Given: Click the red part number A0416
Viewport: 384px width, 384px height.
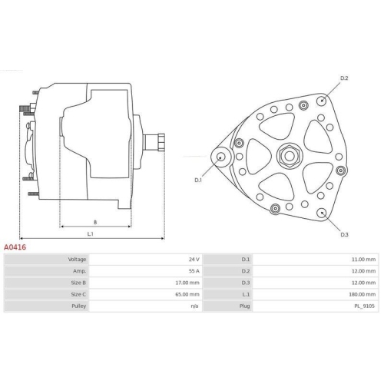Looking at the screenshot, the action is [x=15, y=247].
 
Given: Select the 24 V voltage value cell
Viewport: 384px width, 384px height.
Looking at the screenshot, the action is [x=194, y=260].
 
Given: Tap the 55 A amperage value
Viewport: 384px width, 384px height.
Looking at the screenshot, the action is [x=194, y=271].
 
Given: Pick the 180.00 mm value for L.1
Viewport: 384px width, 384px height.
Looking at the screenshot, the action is [x=362, y=294].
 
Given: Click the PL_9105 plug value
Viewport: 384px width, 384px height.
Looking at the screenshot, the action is [x=365, y=306].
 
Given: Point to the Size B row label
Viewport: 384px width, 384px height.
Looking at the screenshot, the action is [x=78, y=283].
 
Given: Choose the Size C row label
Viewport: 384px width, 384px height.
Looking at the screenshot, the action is [x=78, y=294].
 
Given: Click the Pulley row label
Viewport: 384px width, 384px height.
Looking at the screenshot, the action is [x=79, y=306].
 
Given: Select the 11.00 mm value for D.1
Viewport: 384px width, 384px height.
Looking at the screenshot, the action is [x=363, y=260].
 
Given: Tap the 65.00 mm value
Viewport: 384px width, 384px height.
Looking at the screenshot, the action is [x=187, y=294].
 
